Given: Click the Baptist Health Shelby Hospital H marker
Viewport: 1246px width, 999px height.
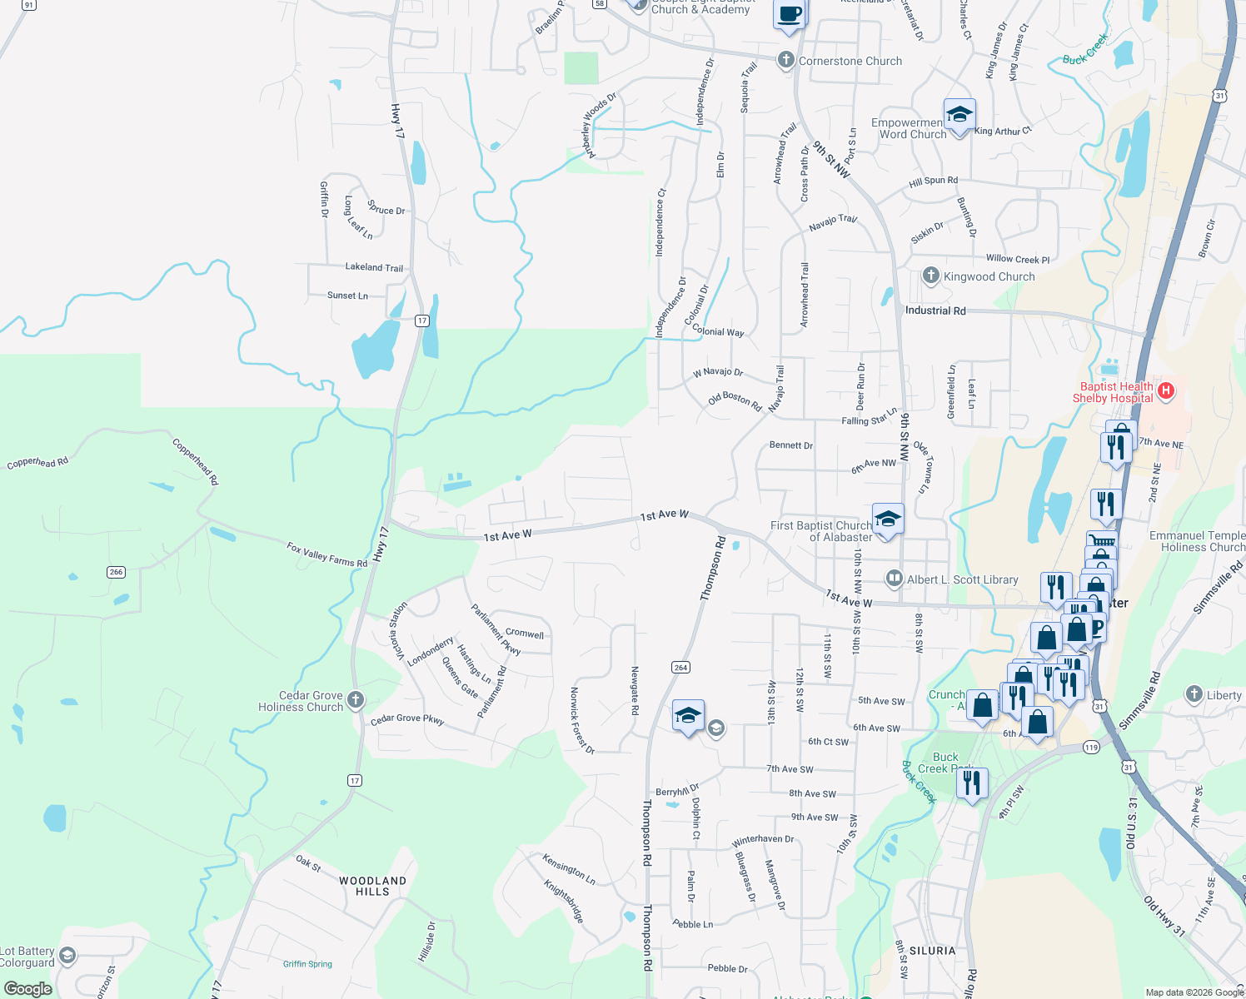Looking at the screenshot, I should [1166, 390].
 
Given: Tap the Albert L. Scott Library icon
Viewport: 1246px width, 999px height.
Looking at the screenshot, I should [894, 578].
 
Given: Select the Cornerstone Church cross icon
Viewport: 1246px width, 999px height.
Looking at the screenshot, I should [785, 60].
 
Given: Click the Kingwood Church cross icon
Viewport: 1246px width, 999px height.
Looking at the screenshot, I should [930, 276].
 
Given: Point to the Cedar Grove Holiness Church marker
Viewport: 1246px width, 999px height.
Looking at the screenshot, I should [356, 699].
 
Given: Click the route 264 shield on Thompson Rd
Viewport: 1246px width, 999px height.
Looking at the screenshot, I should [680, 667].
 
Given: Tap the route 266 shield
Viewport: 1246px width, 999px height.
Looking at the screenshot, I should [116, 572].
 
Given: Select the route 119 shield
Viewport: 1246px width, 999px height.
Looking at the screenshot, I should [1091, 747].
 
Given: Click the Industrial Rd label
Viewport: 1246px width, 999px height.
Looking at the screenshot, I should [935, 311].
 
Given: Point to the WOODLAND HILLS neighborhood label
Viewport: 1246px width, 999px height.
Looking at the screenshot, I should [372, 886].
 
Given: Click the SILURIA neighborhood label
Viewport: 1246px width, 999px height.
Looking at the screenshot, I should [932, 951].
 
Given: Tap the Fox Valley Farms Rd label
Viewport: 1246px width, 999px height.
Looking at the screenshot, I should [326, 555].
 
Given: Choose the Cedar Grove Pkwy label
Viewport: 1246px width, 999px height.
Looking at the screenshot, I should [407, 719].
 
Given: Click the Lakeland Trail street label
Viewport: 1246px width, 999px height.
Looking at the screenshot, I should [374, 267].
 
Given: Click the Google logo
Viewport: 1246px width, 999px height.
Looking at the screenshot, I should [28, 988].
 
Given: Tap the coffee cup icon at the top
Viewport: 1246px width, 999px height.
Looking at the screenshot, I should [789, 14].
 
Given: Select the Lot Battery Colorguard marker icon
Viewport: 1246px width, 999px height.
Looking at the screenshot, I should [67, 955].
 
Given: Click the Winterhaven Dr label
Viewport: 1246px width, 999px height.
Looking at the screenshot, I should [763, 839].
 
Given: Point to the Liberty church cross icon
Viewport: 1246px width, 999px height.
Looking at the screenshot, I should [1194, 694].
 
